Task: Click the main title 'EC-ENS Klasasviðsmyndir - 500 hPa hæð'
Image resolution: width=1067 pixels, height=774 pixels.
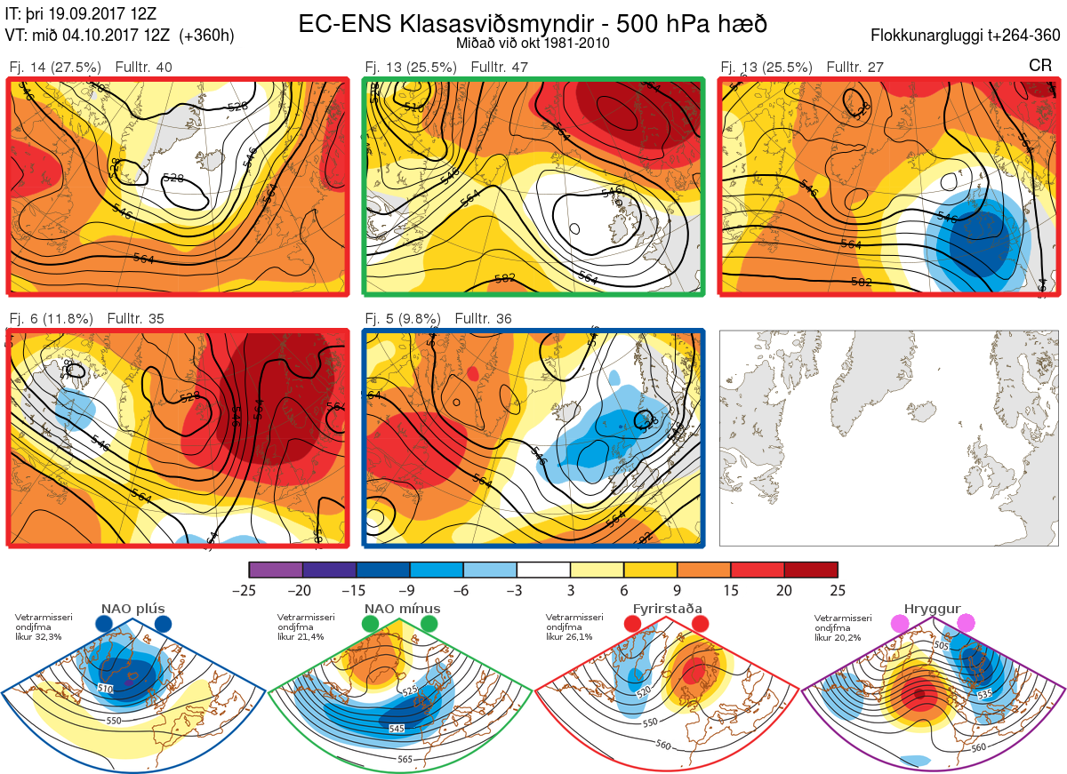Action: tap(532, 23)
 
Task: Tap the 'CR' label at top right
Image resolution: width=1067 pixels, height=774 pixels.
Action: tap(1040, 66)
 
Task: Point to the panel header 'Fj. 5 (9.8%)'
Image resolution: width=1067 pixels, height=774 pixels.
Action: tap(405, 318)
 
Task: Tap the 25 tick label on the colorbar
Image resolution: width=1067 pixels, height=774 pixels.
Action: tap(838, 590)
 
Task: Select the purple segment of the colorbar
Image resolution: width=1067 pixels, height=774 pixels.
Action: tap(276, 570)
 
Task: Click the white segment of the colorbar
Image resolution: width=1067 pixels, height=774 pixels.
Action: tap(543, 570)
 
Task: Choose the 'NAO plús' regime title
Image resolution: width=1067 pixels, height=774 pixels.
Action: tap(133, 609)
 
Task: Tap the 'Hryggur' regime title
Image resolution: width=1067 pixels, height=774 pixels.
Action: tap(934, 609)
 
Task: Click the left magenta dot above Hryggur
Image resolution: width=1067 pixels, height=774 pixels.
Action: tap(902, 625)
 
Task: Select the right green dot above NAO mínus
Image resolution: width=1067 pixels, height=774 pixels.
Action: tap(429, 625)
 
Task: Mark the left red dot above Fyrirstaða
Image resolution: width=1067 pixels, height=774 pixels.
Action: tap(633, 625)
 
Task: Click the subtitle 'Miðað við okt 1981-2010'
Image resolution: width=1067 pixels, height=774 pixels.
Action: tap(532, 43)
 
